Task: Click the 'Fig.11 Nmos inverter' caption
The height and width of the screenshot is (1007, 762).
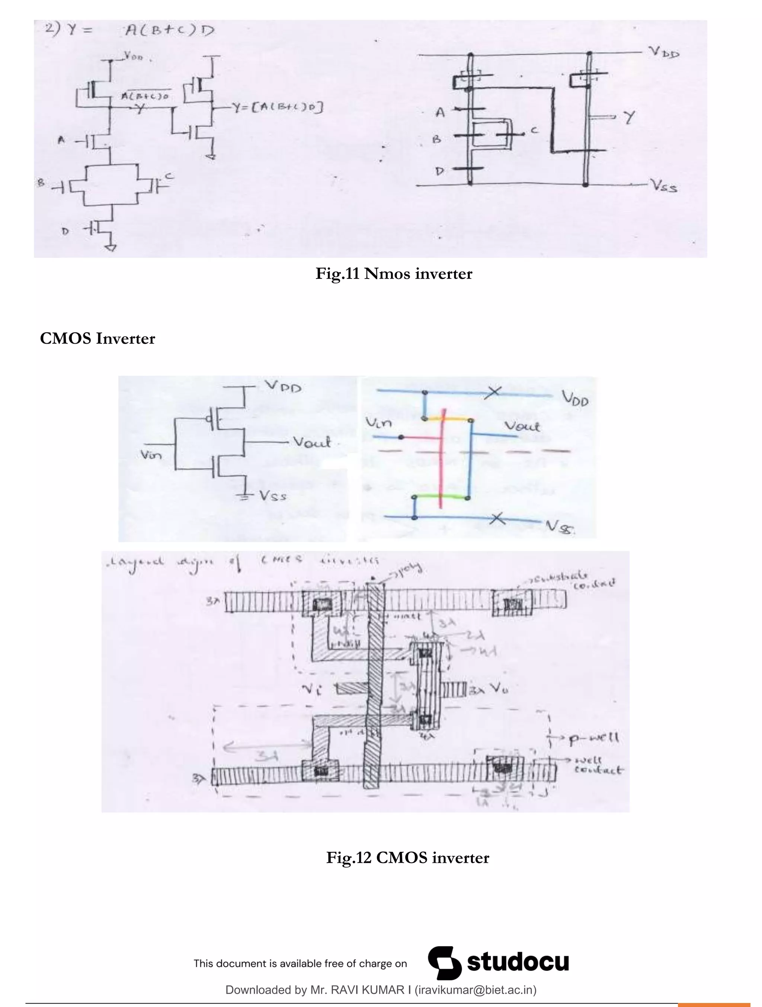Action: (x=394, y=274)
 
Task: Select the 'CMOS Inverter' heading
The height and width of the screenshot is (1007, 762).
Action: (x=97, y=338)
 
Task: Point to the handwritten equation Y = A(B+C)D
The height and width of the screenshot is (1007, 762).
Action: (x=129, y=30)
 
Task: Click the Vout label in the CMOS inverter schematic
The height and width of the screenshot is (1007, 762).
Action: (x=311, y=442)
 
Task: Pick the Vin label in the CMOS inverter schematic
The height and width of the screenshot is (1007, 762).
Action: (x=151, y=454)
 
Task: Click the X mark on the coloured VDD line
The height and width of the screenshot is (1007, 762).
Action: (x=492, y=392)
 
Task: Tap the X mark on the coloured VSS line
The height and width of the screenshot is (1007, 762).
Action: (x=497, y=518)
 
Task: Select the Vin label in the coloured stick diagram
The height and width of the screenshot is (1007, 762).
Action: (x=378, y=424)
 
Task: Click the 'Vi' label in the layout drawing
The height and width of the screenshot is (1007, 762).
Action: (x=311, y=690)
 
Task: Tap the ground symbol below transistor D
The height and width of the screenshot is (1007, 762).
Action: (x=111, y=248)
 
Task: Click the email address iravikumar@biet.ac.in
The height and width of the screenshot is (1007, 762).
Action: (x=475, y=990)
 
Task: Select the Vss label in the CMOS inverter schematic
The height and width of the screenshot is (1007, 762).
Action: (x=273, y=496)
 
